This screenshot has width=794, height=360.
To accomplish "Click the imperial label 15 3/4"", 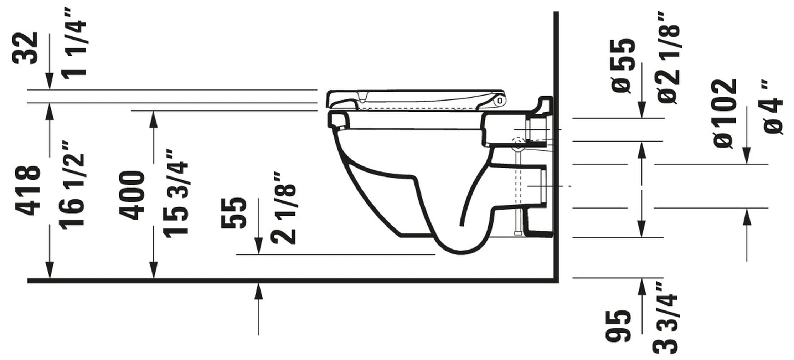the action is [176, 194].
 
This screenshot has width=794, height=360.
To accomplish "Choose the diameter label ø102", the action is [726, 113].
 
